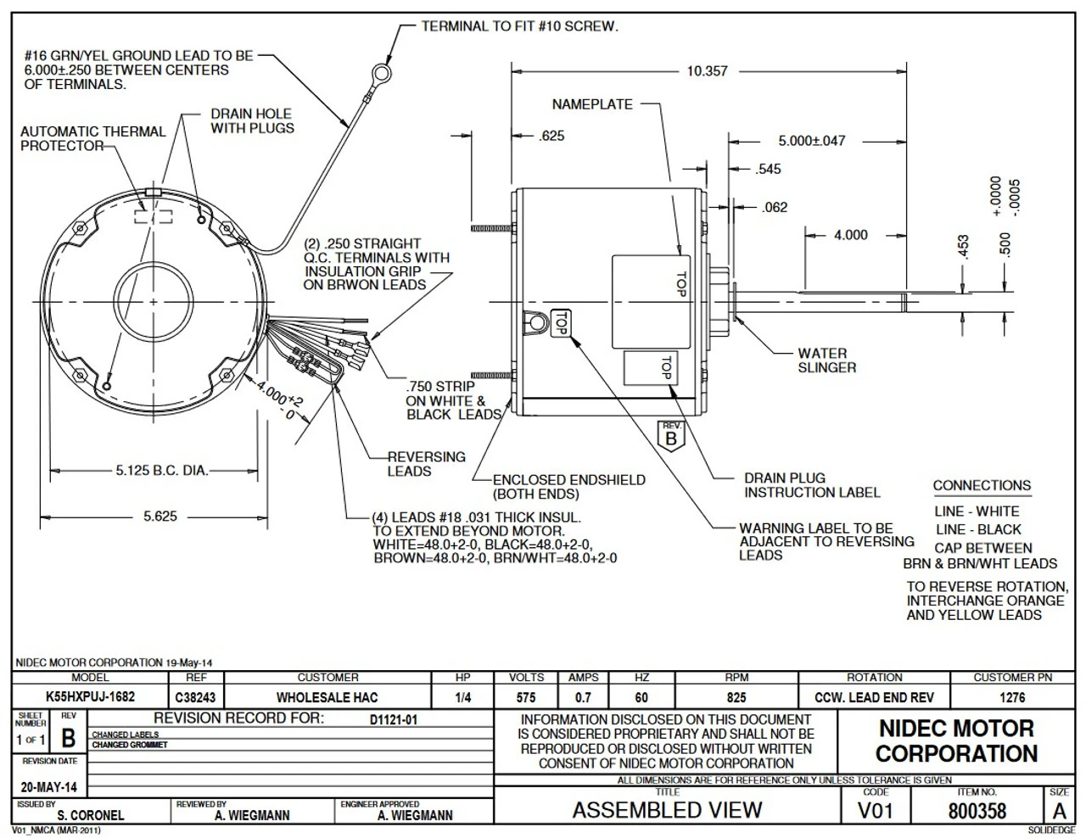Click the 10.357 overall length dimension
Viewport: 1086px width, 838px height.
click(707, 71)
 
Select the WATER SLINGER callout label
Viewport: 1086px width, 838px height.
click(826, 360)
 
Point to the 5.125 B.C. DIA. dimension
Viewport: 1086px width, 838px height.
click(162, 471)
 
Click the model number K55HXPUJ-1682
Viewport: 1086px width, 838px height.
click(91, 696)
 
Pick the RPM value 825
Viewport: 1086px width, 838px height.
click(736, 697)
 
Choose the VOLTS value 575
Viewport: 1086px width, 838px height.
click(526, 697)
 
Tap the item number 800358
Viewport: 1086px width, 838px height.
click(977, 812)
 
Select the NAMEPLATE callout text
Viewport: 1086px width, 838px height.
click(592, 104)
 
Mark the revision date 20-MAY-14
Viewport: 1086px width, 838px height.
click(49, 788)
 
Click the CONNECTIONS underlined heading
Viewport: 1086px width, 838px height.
click(982, 485)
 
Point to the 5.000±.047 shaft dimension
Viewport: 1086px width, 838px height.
click(812, 141)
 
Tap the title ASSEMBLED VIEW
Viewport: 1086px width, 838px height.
click(667, 810)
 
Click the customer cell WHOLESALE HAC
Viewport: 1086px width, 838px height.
click(327, 697)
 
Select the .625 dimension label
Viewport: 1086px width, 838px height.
click(551, 136)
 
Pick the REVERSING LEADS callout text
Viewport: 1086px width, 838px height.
click(426, 464)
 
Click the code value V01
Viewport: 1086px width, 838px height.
click(875, 811)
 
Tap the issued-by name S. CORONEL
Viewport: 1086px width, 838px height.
click(91, 816)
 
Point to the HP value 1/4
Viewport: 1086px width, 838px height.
click(462, 697)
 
